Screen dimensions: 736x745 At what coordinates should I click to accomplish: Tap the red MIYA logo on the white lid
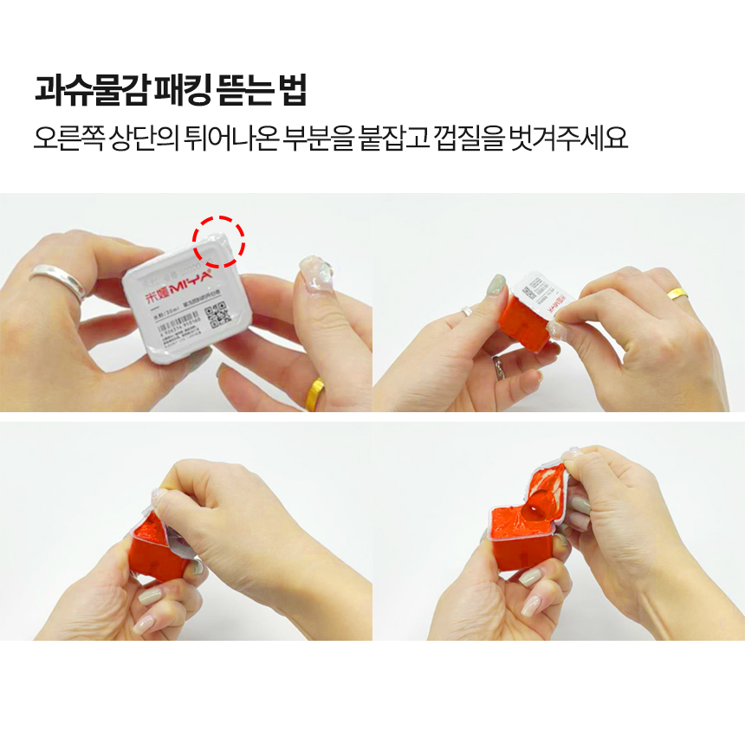(185, 285)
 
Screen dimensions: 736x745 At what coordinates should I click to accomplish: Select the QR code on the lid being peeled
(534, 285)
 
